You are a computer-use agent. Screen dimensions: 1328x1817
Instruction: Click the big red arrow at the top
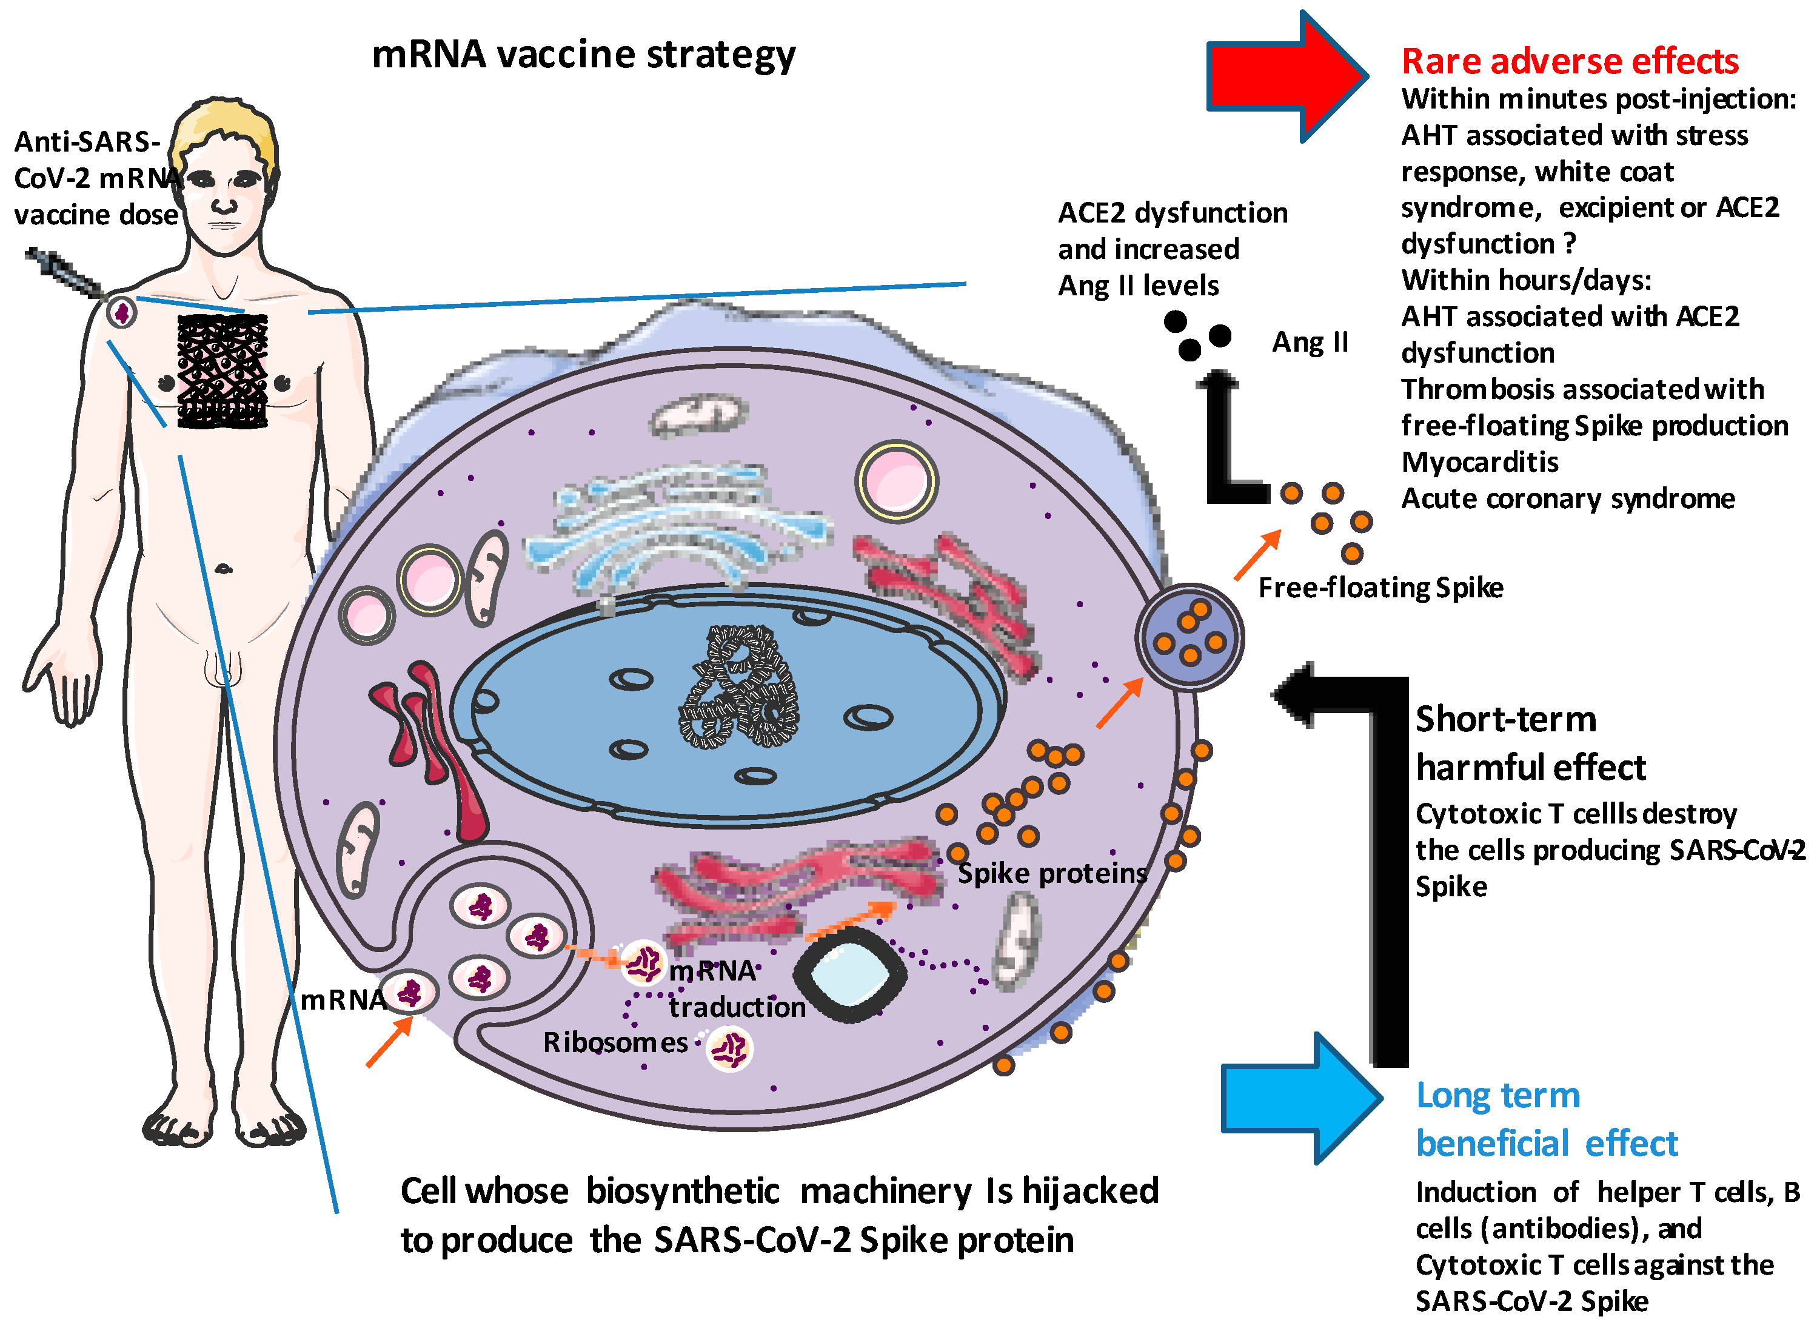click(x=1286, y=76)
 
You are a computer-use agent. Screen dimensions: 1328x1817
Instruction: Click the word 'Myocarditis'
click(x=1479, y=462)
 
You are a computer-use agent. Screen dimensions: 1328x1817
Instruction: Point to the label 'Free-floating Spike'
click(x=1380, y=588)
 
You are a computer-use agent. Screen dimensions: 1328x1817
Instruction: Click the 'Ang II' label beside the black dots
click(x=1309, y=343)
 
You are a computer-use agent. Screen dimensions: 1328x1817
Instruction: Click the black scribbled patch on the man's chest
click(x=222, y=371)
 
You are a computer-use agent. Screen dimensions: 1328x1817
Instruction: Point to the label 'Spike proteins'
click(x=1051, y=873)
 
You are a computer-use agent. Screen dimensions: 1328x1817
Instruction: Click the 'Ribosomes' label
click(x=615, y=1042)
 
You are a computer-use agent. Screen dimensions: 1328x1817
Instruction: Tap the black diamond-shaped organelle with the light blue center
click(x=849, y=974)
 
